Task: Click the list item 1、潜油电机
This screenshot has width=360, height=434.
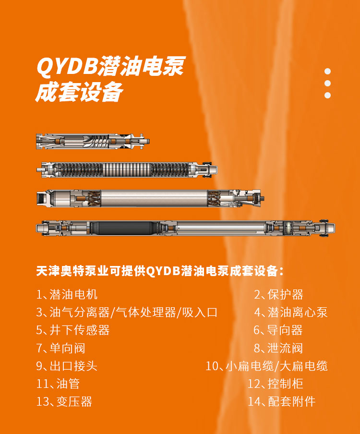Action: pos(67,294)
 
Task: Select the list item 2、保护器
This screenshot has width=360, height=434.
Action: pos(279,294)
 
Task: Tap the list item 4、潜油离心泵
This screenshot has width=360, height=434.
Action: pos(291,312)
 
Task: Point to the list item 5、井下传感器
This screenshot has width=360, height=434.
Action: pos(73,330)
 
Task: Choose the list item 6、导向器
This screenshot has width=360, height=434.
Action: pos(278,330)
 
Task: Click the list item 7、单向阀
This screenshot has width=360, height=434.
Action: pos(61,348)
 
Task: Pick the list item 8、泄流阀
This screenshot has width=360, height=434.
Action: pos(278,348)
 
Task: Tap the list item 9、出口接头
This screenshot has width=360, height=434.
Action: pos(67,366)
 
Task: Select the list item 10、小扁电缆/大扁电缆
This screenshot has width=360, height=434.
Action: pos(267,366)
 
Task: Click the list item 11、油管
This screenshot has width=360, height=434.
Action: pos(58,384)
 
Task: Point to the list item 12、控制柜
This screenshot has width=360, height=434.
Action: pos(276,384)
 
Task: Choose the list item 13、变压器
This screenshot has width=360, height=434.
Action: pos(64,402)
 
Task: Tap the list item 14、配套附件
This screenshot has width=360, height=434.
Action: pos(282,402)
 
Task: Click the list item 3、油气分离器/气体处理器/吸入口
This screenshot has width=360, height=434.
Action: pos(127,312)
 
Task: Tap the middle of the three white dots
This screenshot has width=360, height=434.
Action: pos(328,84)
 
